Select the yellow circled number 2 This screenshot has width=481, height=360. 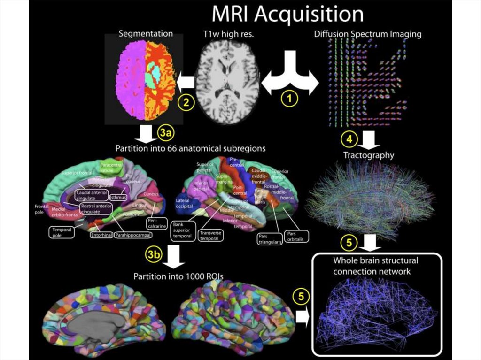186,102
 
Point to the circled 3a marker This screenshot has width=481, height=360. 166,134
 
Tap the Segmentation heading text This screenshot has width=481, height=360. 146,34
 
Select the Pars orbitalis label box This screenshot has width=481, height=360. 295,236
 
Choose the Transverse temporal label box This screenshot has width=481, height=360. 210,235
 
